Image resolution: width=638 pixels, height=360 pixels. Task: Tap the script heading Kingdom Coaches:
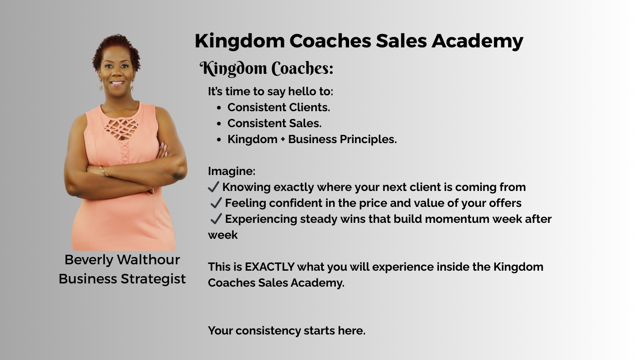[x=267, y=68]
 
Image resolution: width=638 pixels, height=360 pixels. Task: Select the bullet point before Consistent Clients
[x=219, y=108]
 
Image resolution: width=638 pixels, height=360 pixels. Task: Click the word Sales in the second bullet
[x=305, y=123]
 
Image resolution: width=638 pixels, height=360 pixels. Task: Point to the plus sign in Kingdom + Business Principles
[x=283, y=139]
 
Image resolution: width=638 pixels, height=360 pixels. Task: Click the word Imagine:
[x=232, y=171]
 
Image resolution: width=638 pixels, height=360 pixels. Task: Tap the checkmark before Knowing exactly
[x=213, y=187]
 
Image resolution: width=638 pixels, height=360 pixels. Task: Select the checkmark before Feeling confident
[x=216, y=203]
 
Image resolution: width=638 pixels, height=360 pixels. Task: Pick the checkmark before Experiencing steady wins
[x=216, y=219]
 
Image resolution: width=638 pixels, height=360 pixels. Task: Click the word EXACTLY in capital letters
[x=270, y=267]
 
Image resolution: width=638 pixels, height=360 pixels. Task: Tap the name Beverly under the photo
[x=89, y=260]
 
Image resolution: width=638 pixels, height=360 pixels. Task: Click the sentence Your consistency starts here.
[x=287, y=331]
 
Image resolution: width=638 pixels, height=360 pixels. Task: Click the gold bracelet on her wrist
[x=104, y=171]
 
